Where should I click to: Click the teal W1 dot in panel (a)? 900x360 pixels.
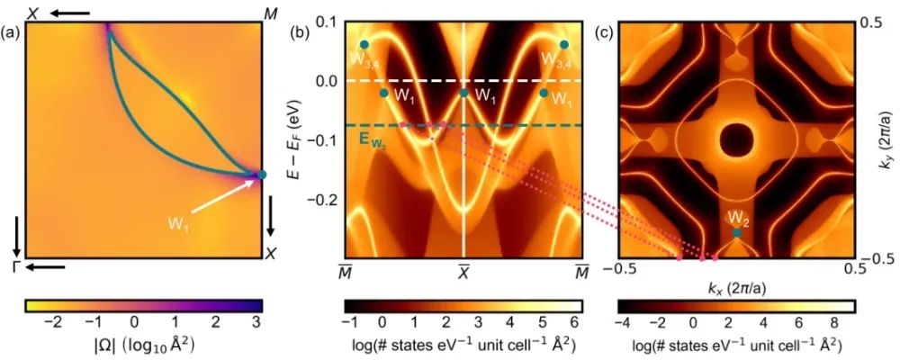pos(262,175)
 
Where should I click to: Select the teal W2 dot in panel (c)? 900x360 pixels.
pos(737,232)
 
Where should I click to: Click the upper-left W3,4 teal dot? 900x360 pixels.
pos(364,44)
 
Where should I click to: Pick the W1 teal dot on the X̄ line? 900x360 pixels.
pos(464,93)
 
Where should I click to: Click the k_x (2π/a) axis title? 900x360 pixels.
pos(737,287)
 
